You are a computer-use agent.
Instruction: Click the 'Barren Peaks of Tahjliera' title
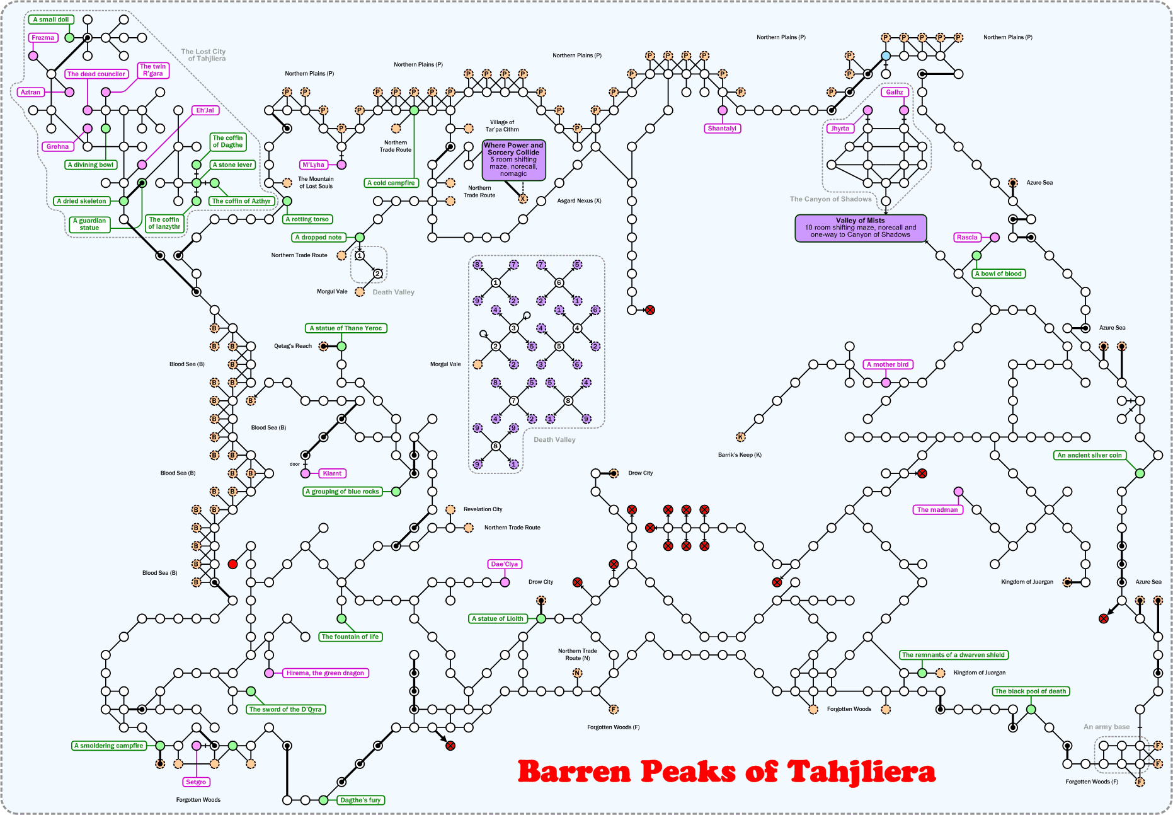[726, 772]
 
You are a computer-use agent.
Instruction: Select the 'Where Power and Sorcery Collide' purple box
[513, 159]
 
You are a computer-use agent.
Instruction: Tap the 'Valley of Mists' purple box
[860, 228]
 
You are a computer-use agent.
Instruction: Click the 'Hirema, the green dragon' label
[325, 673]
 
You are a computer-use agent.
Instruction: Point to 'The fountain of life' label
[350, 637]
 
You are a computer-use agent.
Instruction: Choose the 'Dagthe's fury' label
[360, 800]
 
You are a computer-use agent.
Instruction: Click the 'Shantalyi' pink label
[722, 129]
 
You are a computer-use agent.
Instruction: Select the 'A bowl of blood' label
[998, 274]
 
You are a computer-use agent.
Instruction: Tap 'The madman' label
[937, 509]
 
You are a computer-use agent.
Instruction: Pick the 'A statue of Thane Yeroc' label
[346, 328]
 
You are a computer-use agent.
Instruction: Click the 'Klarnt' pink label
[332, 473]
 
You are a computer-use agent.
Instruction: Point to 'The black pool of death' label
[1031, 691]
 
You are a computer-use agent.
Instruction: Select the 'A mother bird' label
[888, 364]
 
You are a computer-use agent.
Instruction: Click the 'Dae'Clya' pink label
[505, 564]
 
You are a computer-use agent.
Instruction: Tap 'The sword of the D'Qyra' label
[285, 709]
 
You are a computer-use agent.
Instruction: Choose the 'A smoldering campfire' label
[109, 746]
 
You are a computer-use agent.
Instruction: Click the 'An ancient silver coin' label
[1089, 455]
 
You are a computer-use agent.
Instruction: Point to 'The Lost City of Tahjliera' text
[203, 55]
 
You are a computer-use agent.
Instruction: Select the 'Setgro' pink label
[196, 782]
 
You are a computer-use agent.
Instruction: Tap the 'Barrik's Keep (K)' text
[740, 455]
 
